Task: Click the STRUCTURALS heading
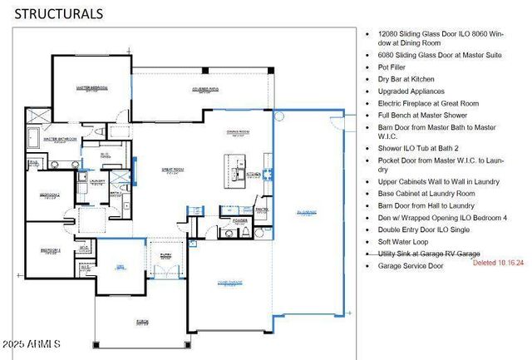tap(59, 13)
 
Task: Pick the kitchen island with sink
tap(234, 173)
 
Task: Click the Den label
tap(120, 265)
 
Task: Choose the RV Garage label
tap(306, 214)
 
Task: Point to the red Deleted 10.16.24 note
tap(498, 262)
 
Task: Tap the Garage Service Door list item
tap(410, 266)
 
